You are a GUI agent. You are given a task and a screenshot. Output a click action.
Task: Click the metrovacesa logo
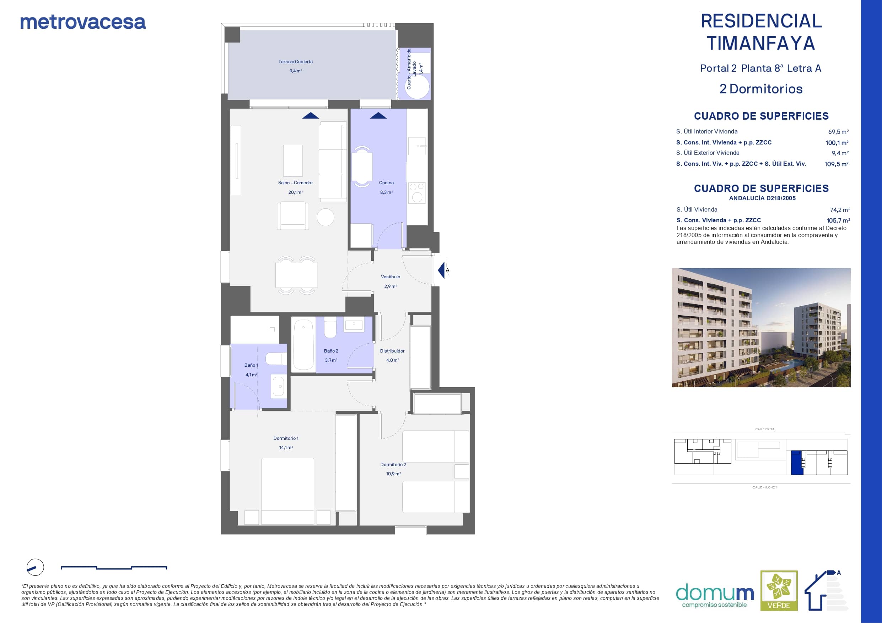tap(83, 22)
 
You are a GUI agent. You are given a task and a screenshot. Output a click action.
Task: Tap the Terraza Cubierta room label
tap(295, 62)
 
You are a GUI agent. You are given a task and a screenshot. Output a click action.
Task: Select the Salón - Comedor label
tap(295, 183)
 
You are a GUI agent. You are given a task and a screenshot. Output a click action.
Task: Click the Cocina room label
tap(386, 183)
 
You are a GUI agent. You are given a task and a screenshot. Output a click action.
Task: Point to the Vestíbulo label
tap(390, 277)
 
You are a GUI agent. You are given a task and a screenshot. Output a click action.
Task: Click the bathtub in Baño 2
tap(303, 344)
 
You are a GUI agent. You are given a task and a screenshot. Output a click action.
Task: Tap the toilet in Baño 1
tap(276, 359)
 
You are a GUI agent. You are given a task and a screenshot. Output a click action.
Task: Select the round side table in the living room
tap(326, 217)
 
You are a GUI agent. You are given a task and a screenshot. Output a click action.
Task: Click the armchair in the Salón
tap(293, 216)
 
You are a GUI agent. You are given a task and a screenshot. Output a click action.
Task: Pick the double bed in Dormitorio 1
tap(287, 491)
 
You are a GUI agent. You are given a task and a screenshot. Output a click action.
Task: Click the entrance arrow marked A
tap(441, 270)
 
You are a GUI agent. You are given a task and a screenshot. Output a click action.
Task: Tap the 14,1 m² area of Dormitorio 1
tap(286, 448)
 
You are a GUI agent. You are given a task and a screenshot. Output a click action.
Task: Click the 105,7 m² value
tap(838, 221)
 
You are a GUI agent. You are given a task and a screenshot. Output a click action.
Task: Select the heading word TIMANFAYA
tap(760, 43)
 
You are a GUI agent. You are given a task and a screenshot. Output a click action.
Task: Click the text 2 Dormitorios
tap(760, 89)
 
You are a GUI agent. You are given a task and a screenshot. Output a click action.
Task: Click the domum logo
tap(715, 596)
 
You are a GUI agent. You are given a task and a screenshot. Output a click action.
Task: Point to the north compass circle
tap(35, 567)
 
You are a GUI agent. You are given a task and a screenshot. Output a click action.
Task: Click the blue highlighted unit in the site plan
tap(797, 463)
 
